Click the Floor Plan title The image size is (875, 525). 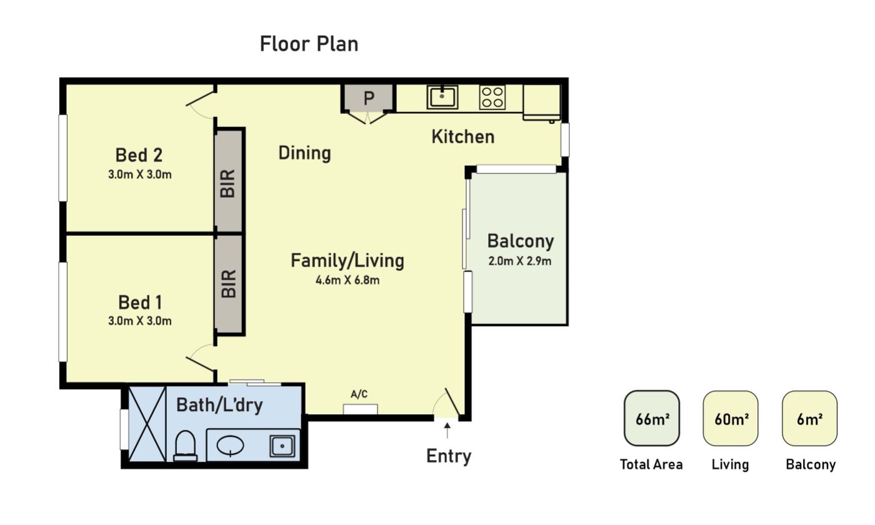309,44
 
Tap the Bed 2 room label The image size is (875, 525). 139,155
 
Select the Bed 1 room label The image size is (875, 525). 140,302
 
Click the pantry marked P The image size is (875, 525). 369,98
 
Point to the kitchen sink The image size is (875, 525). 442,97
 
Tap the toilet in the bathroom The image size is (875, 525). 185,446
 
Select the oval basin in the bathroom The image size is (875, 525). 231,446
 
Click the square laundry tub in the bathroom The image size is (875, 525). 282,446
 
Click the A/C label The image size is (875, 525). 359,394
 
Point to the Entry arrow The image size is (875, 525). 447,431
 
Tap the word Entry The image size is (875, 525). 449,456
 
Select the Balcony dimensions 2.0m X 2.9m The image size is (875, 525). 519,261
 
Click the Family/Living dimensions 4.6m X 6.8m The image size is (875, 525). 347,280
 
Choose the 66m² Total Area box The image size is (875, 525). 652,418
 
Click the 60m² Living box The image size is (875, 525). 731,418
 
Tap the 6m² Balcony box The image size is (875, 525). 810,418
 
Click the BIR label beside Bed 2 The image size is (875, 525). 228,183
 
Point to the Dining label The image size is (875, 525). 305,153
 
